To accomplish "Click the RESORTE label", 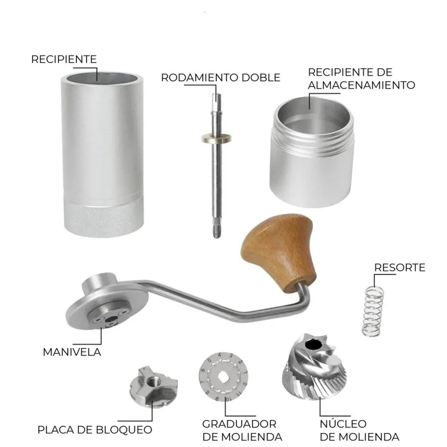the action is (399, 268).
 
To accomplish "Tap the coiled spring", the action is (372, 311).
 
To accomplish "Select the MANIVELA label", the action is (72, 352).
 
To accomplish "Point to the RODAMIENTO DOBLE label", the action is (221, 77).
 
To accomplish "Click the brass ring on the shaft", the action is (217, 139).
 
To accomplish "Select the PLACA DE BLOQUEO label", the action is (95, 430).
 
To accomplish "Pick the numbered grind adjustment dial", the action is (223, 377).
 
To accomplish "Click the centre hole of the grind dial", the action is (222, 377).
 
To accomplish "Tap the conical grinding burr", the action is (314, 367).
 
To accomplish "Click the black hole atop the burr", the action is (314, 344).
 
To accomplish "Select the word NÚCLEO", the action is (343, 423).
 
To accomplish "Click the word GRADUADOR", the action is (240, 424).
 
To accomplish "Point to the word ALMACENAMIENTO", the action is (362, 85).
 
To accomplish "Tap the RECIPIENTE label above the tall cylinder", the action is (64, 59).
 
